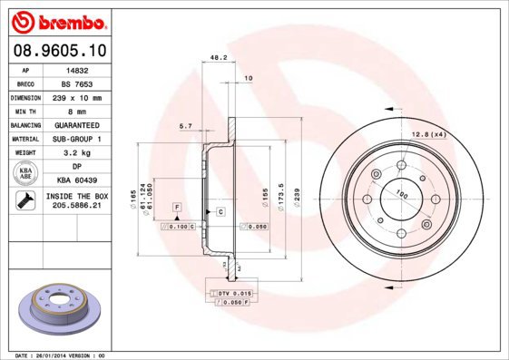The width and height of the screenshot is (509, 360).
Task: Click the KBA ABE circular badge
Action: (x=26, y=174)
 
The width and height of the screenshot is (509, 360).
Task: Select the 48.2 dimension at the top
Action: (x=218, y=57)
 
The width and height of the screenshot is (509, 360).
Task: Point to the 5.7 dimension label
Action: (x=186, y=125)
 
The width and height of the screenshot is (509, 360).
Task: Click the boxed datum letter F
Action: (x=176, y=208)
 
